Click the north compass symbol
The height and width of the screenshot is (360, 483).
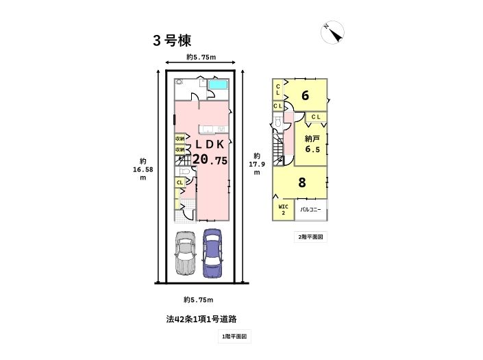click(332, 32)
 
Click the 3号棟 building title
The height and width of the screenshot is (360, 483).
click(172, 40)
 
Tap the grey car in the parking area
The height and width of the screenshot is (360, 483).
click(186, 252)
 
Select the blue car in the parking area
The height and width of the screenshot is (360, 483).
click(212, 253)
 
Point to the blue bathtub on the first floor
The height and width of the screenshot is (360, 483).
click(218, 85)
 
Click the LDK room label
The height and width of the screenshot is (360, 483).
click(210, 144)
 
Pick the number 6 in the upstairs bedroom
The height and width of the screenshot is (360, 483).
click(305, 95)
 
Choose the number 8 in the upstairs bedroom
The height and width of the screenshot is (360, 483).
click(302, 182)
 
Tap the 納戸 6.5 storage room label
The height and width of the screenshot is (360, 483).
click(312, 144)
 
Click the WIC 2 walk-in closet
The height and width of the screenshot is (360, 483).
click(283, 210)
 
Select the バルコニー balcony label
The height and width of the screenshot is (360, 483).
click(310, 210)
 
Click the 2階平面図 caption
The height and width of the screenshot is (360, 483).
click(310, 237)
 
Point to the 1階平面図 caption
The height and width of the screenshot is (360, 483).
click(234, 336)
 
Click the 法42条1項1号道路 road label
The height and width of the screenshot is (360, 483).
click(201, 319)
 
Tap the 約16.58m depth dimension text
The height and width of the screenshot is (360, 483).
click(143, 169)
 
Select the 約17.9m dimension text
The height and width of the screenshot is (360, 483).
click(257, 164)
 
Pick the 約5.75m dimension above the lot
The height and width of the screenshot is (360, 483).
click(201, 57)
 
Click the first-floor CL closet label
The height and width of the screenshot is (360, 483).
click(180, 182)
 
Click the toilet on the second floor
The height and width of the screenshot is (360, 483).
click(278, 122)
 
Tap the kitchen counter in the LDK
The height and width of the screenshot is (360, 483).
click(214, 129)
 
